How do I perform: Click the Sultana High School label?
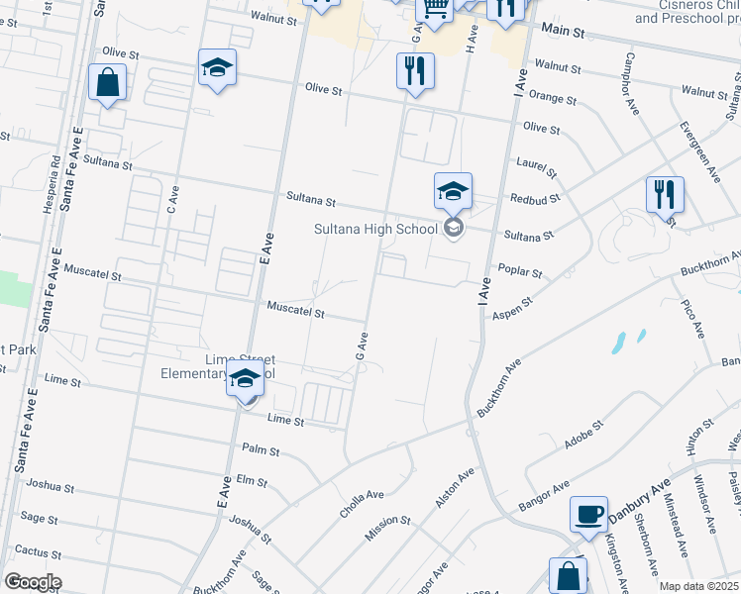click(375, 230)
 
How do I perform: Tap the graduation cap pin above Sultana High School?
click(453, 190)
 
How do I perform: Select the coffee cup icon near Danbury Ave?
click(588, 514)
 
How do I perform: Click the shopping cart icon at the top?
click(433, 8)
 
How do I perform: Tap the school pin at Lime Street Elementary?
click(245, 378)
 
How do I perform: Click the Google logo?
click(32, 582)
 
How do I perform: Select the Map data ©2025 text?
click(699, 586)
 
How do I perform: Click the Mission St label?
click(387, 521)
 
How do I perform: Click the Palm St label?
click(261, 451)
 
